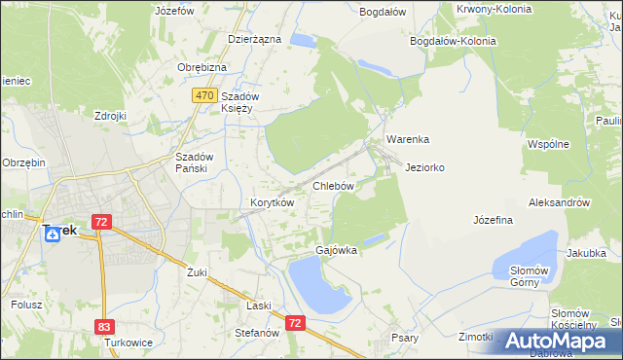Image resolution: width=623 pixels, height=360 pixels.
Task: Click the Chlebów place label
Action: tap(331, 185)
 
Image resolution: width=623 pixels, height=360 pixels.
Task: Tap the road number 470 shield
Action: tap(203, 95)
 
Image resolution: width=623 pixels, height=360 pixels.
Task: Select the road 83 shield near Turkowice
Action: tap(105, 328)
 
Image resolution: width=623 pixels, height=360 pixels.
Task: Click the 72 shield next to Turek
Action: tap(101, 222)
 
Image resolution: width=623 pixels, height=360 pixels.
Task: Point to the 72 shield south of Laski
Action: tap(296, 321)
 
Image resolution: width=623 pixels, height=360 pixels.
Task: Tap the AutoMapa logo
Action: tap(559, 341)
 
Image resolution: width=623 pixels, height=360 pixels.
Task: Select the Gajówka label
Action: tap(336, 250)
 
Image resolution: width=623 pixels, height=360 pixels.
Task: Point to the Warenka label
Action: tap(407, 139)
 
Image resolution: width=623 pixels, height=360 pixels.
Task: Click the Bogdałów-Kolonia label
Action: tap(453, 42)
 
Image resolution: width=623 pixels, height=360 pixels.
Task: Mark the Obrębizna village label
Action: tap(202, 67)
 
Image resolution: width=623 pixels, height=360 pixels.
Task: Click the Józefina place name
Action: tap(493, 220)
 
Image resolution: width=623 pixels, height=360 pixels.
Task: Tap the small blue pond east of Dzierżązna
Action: tap(303, 41)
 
